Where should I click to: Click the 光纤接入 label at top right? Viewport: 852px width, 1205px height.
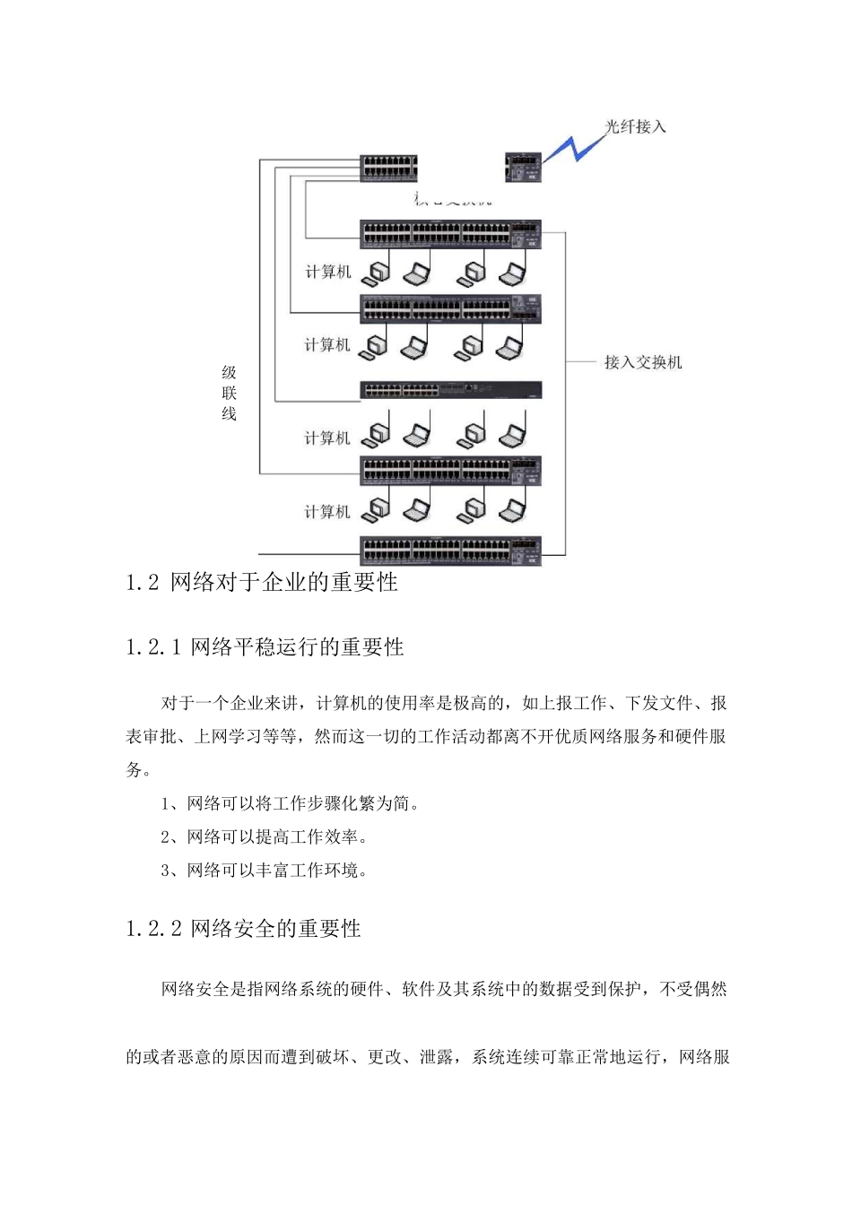point(635,126)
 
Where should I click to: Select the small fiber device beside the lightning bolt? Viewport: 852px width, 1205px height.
point(523,168)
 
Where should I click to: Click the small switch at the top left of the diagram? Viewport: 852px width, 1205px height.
point(388,168)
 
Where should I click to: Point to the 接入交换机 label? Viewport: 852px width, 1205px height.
point(642,362)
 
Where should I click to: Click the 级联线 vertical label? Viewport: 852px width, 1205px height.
point(229,393)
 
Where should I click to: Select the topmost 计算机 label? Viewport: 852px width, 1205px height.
point(328,272)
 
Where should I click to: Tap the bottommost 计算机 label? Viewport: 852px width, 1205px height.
point(327,512)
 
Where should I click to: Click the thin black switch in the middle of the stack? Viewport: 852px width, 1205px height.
point(451,390)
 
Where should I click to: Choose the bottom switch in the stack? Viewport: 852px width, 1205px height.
point(451,550)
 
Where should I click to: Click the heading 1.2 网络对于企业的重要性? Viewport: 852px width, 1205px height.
point(262,583)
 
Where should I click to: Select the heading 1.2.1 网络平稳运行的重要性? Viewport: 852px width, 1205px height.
point(265,647)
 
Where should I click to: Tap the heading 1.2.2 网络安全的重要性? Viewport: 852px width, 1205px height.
point(244,929)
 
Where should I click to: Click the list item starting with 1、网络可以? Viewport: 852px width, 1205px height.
point(290,803)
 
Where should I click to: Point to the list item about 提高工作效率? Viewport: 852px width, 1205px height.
point(265,837)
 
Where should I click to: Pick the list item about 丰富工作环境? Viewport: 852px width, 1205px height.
point(265,870)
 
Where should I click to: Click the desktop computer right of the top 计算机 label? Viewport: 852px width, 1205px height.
point(376,272)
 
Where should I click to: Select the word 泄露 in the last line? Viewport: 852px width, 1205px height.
point(437,1057)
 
